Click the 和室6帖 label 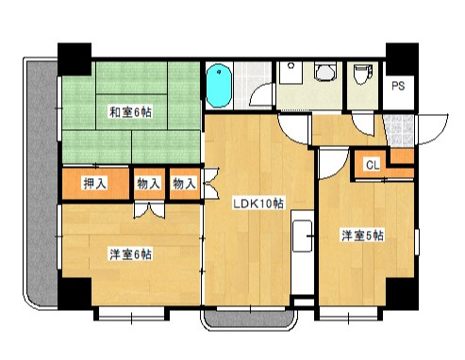point(130,113)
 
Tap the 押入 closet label point(94,184)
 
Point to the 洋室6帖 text point(130,254)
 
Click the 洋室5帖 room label point(362,237)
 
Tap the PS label point(400,87)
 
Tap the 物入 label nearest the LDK point(183,184)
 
